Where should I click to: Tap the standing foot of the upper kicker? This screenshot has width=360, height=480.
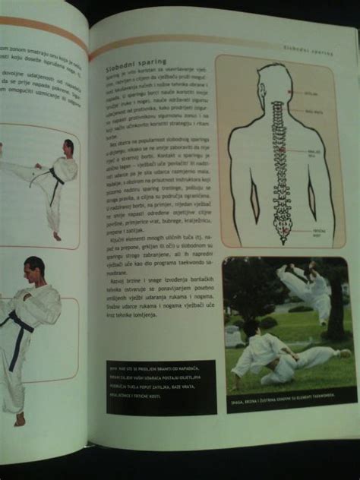coord(57,236)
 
